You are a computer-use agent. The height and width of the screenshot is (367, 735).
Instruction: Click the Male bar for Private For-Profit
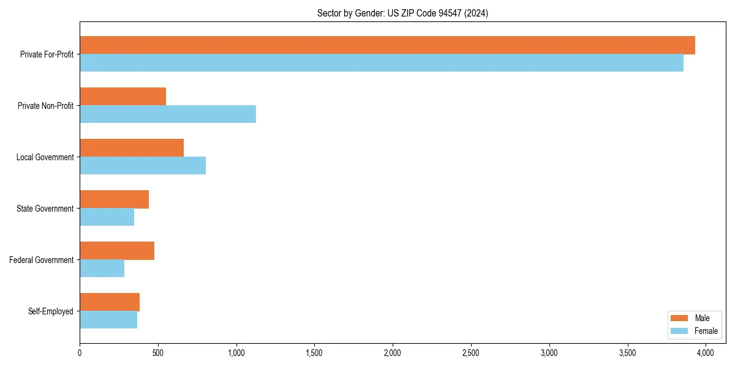(387, 45)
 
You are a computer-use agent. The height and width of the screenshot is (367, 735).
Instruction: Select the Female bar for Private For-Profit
(382, 63)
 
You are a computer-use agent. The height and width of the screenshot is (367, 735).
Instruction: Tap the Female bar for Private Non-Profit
(168, 114)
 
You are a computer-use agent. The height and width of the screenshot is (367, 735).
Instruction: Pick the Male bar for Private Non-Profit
(123, 97)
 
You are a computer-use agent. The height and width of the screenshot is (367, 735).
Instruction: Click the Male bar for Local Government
(132, 148)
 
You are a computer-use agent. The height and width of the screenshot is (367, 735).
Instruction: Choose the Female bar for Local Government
(143, 166)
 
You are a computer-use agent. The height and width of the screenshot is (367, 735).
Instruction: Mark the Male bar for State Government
(114, 199)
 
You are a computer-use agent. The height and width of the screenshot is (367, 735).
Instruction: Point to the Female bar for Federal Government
(102, 269)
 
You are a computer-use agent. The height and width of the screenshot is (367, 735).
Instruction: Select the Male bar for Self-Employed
(110, 302)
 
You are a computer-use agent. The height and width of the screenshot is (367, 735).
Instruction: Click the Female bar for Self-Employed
(108, 320)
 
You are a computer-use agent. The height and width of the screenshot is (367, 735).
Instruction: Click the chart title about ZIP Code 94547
(402, 13)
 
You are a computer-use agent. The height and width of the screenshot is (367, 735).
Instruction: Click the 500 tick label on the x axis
(158, 353)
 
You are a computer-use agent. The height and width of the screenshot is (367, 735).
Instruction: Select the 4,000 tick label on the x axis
(706, 353)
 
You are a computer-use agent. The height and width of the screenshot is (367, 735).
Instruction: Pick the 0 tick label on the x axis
(80, 353)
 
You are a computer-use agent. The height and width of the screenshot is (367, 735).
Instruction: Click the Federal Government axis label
(41, 260)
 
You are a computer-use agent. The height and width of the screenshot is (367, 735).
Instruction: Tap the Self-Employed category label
(50, 311)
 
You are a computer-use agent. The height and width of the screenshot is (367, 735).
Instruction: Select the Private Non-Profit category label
(45, 106)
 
